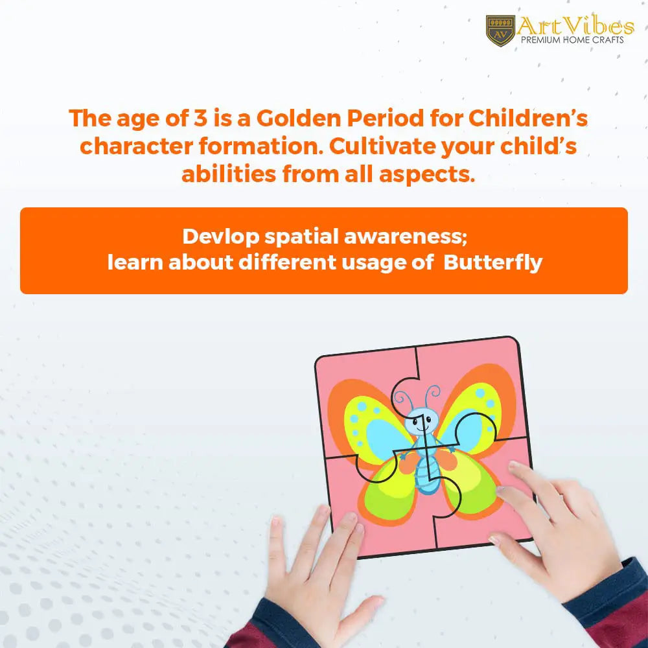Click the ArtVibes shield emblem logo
point(500,30)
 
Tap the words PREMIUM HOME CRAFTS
point(572,40)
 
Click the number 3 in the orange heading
point(200,118)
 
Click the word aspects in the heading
point(427,174)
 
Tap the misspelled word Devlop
point(221,237)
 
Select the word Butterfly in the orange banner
point(492,263)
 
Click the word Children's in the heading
point(527,118)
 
